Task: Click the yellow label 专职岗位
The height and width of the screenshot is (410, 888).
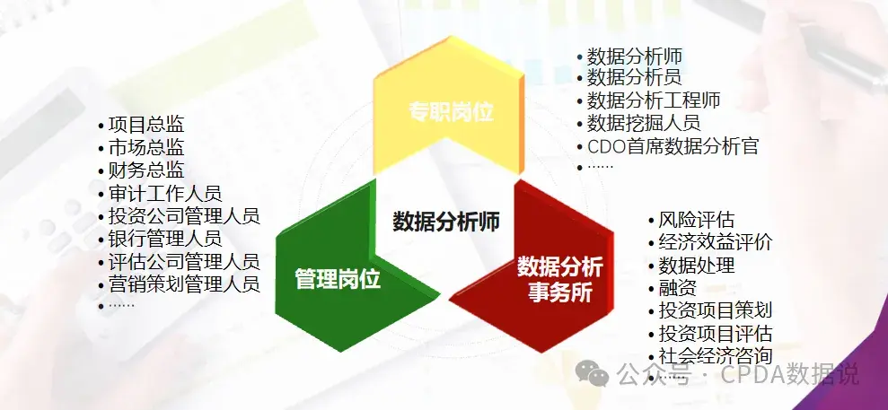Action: coord(452,112)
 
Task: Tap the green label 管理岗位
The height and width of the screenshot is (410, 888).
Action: coord(338,279)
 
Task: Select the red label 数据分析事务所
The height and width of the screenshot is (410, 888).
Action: coord(559,280)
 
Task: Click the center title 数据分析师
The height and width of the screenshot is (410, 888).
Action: coord(446,221)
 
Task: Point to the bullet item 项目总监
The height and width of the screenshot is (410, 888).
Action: coord(146,125)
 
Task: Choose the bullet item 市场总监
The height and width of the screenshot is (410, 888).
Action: coord(146,147)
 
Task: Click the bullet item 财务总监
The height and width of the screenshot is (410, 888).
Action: coord(146,170)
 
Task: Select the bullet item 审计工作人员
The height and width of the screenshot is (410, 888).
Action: coord(165,194)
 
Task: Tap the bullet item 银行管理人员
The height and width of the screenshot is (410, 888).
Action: coord(165,238)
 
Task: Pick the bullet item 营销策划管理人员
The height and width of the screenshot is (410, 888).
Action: coord(184,284)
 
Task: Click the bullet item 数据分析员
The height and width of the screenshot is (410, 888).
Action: coord(634,77)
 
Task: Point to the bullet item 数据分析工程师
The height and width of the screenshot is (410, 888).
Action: coord(654,100)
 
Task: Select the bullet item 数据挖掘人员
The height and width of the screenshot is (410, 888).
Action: coord(644,122)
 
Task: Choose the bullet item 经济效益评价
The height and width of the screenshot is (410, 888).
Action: coord(716,242)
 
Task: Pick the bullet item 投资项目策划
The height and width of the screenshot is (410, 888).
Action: coord(716,310)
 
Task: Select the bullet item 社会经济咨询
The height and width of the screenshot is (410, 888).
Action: coord(716,355)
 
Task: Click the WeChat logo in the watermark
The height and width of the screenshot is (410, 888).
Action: coord(592,374)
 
